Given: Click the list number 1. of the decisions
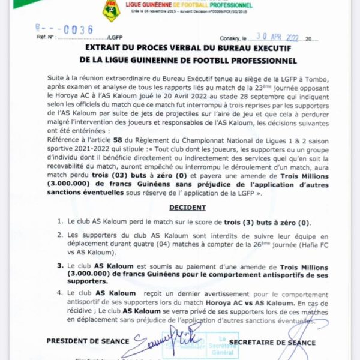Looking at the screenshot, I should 61,221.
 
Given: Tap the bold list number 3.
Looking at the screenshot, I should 61,263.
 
